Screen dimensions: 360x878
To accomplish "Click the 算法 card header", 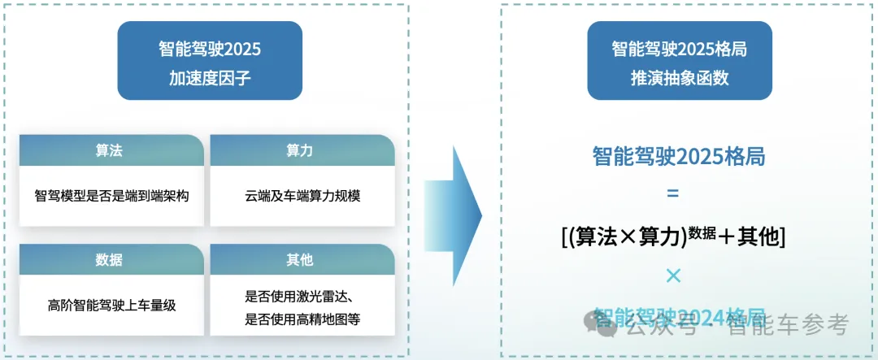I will pyautogui.click(x=110, y=151).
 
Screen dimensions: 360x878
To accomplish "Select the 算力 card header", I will pyautogui.click(x=301, y=151).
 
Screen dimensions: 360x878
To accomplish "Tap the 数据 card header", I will pyautogui.click(x=110, y=260).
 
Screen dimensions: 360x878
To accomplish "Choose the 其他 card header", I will pyautogui.click(x=301, y=260).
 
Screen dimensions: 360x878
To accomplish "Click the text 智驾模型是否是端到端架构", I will pyautogui.click(x=111, y=196).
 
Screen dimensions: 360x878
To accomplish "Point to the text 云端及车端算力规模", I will pyautogui.click(x=302, y=196).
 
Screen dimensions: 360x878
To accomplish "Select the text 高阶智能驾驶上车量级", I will pyautogui.click(x=111, y=306).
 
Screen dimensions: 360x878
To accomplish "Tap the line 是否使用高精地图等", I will pyautogui.click(x=302, y=319).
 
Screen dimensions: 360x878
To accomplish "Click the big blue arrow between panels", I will pyautogui.click(x=453, y=216).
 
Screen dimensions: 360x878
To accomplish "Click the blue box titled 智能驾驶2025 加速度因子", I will pyautogui.click(x=210, y=60).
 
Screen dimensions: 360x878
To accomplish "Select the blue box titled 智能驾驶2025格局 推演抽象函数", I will pyautogui.click(x=679, y=60).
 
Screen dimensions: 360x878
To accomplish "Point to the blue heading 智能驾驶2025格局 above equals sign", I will pyautogui.click(x=679, y=157).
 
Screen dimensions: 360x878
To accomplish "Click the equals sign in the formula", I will pyautogui.click(x=672, y=195).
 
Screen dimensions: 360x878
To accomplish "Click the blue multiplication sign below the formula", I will pyautogui.click(x=672, y=275).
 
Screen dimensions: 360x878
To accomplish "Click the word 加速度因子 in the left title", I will pyautogui.click(x=210, y=79).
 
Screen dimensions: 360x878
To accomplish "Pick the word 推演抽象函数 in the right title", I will pyautogui.click(x=679, y=79).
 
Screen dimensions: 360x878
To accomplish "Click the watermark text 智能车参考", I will pyautogui.click(x=788, y=326).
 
